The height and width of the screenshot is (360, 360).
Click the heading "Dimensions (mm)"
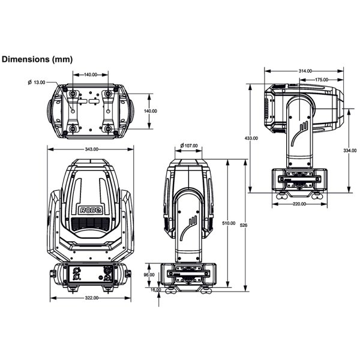pos(37,59)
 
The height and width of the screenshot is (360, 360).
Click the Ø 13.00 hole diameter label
pos(37,82)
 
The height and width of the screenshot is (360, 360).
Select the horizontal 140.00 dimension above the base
pos(91,75)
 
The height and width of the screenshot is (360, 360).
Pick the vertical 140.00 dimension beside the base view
pos(150,111)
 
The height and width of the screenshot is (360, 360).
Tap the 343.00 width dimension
pos(91,149)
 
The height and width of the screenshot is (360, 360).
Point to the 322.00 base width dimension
pos(91,298)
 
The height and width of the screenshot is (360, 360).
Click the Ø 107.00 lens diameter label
pos(189,146)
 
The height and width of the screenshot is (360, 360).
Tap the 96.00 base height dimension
pos(149,274)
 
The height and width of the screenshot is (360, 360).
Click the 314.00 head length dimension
pos(305,71)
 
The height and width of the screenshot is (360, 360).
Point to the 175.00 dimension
pos(321,79)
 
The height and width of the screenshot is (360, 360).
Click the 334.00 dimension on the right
pos(350,150)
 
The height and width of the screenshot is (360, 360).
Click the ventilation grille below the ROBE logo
pos(90,223)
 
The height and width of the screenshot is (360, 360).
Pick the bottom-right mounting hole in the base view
pos(109,127)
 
